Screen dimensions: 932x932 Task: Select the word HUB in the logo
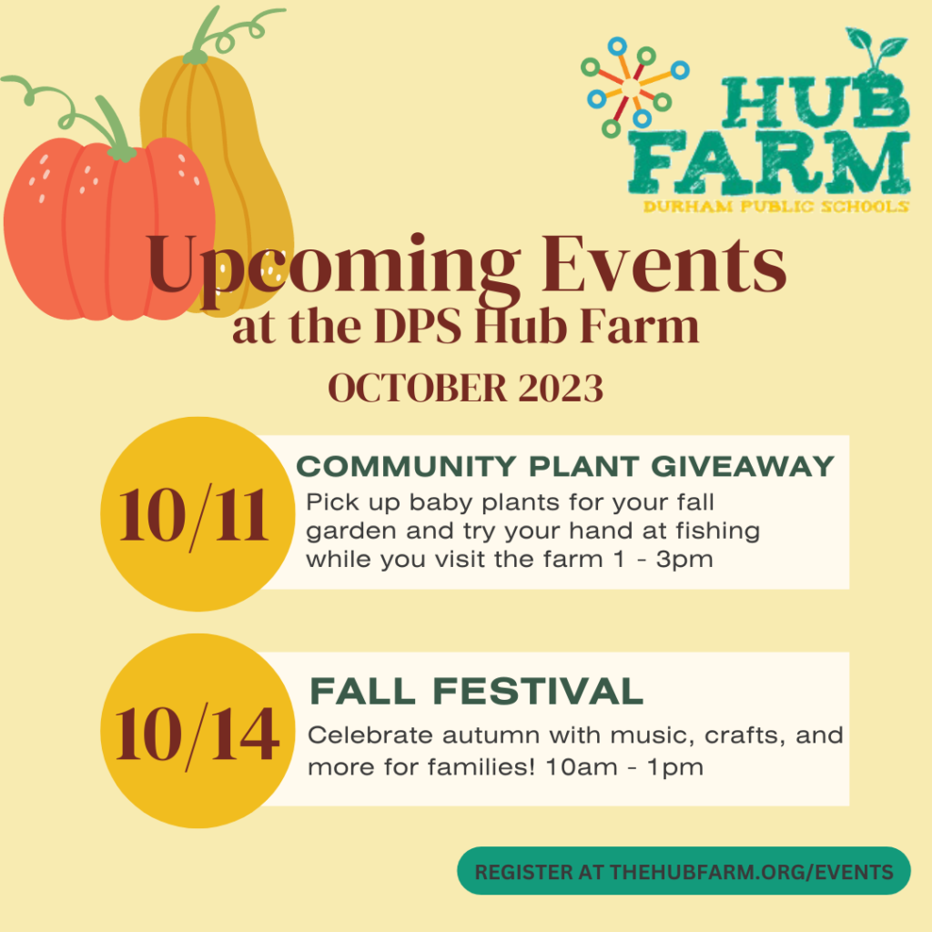click(815, 101)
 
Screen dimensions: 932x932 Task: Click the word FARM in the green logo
click(769, 164)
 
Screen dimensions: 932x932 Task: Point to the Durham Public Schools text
click(775, 207)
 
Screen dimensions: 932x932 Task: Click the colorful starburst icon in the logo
click(634, 86)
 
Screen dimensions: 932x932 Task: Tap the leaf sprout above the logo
click(876, 47)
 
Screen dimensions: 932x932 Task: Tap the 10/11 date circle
click(198, 514)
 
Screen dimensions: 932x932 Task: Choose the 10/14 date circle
click(198, 731)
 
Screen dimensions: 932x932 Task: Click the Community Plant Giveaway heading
click(565, 467)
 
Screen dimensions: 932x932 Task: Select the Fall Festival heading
click(476, 692)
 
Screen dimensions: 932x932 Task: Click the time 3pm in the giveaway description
click(684, 561)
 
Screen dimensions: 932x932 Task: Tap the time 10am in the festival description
click(582, 766)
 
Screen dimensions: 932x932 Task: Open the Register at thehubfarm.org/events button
click(684, 871)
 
